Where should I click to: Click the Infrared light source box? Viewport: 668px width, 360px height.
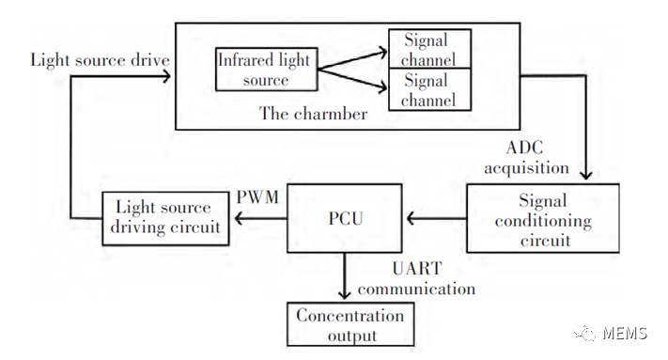point(267,69)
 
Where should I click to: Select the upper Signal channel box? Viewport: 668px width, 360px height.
point(430,49)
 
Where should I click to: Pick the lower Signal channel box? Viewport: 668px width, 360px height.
point(430,89)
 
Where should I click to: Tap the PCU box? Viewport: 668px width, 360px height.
point(345,218)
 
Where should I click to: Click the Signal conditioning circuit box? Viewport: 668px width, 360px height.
point(543,218)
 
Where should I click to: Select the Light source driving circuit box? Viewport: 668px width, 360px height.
point(165,219)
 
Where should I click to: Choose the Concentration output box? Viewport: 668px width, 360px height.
point(350,324)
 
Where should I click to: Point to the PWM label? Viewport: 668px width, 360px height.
point(257,197)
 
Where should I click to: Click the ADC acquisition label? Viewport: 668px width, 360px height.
point(526,158)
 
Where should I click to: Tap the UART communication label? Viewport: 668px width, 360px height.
point(416,278)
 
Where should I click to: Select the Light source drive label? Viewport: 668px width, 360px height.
point(101,60)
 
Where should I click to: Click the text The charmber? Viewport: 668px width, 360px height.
point(313,114)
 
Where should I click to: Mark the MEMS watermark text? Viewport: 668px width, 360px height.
point(625,333)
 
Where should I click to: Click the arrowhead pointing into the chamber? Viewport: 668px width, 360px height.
point(166,77)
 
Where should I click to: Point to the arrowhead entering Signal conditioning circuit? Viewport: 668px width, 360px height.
point(586,175)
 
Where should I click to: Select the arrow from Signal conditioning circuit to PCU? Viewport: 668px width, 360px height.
point(437,219)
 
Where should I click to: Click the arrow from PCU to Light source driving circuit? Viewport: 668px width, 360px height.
point(261,219)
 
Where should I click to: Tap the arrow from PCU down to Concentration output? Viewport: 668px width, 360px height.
point(344,275)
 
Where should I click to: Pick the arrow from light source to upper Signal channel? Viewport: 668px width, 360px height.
point(352,60)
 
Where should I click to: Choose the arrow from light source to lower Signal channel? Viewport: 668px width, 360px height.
point(352,80)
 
